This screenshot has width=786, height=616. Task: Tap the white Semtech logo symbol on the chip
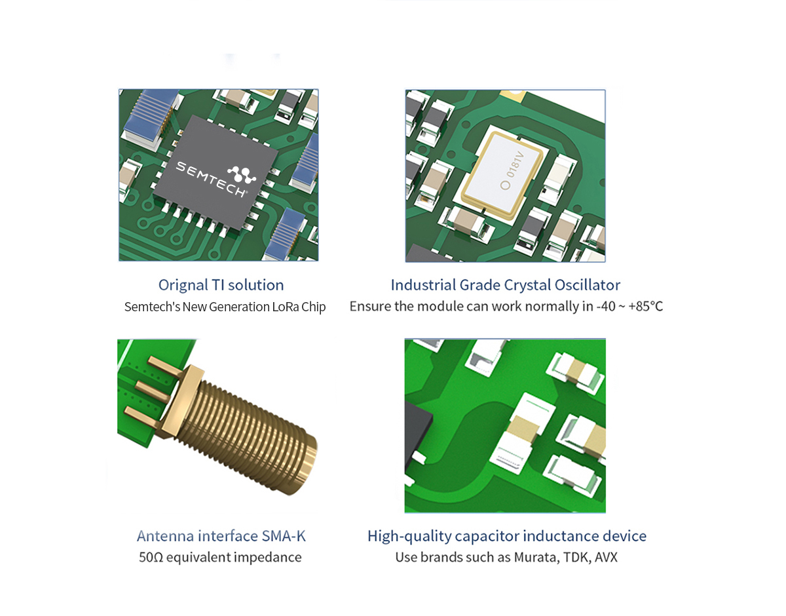point(242,174)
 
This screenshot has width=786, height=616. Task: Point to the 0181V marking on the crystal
point(515,164)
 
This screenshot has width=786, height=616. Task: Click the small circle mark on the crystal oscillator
point(505,185)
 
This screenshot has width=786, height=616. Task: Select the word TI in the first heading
point(217,285)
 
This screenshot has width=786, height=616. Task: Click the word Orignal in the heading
point(183,286)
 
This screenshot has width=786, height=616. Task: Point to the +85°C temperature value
point(646,307)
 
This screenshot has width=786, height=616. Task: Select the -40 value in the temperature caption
point(606,307)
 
